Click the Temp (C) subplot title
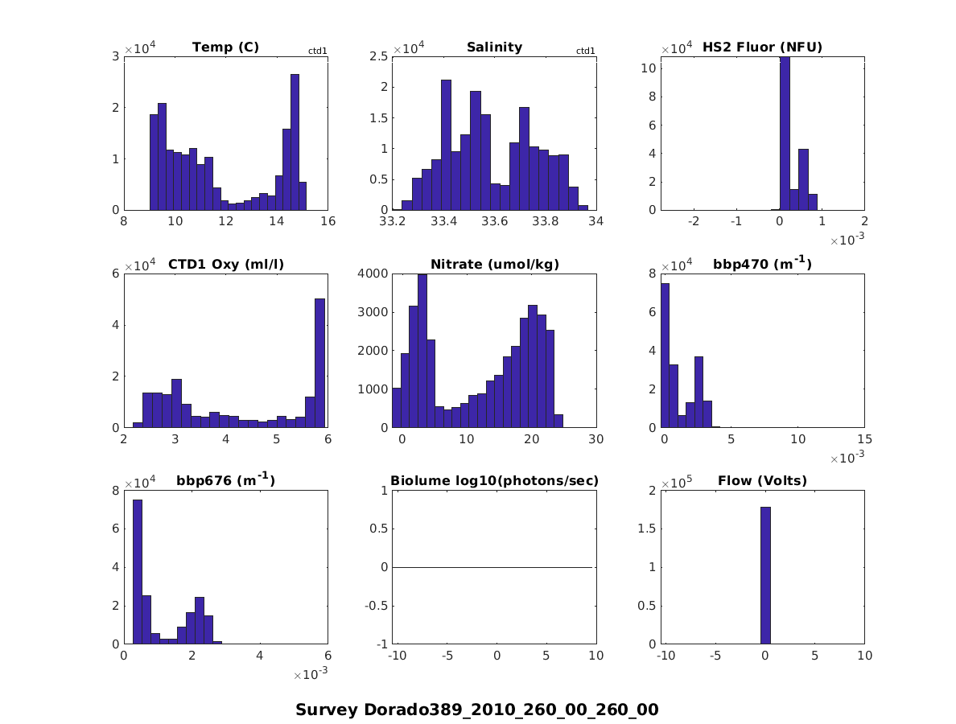coord(225,47)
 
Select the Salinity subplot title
coord(494,47)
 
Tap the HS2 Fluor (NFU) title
coord(762,47)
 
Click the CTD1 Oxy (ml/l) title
coord(225,265)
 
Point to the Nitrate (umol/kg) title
coord(494,265)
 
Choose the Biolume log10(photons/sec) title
coord(494,482)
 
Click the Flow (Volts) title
coord(762,482)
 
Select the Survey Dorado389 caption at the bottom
coord(477,710)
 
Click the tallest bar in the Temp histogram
coord(295,142)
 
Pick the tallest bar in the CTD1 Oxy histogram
coord(319,363)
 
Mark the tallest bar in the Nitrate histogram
coord(422,351)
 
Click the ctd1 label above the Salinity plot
coord(586,51)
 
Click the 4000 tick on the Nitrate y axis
coord(377,274)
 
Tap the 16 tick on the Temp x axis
coord(328,222)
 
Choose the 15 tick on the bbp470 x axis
coord(864,439)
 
